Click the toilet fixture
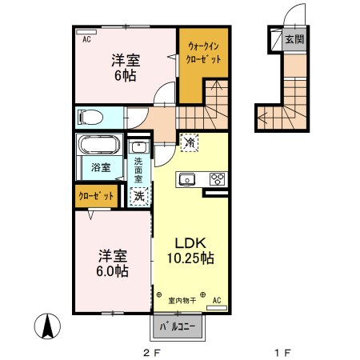[91, 117]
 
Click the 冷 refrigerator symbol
[190, 142]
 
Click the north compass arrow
[47, 326]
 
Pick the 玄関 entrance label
[294, 38]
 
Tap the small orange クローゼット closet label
[97, 195]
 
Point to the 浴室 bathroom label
[100, 168]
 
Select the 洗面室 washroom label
[139, 169]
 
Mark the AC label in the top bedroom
[85, 37]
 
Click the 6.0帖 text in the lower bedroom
[114, 271]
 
